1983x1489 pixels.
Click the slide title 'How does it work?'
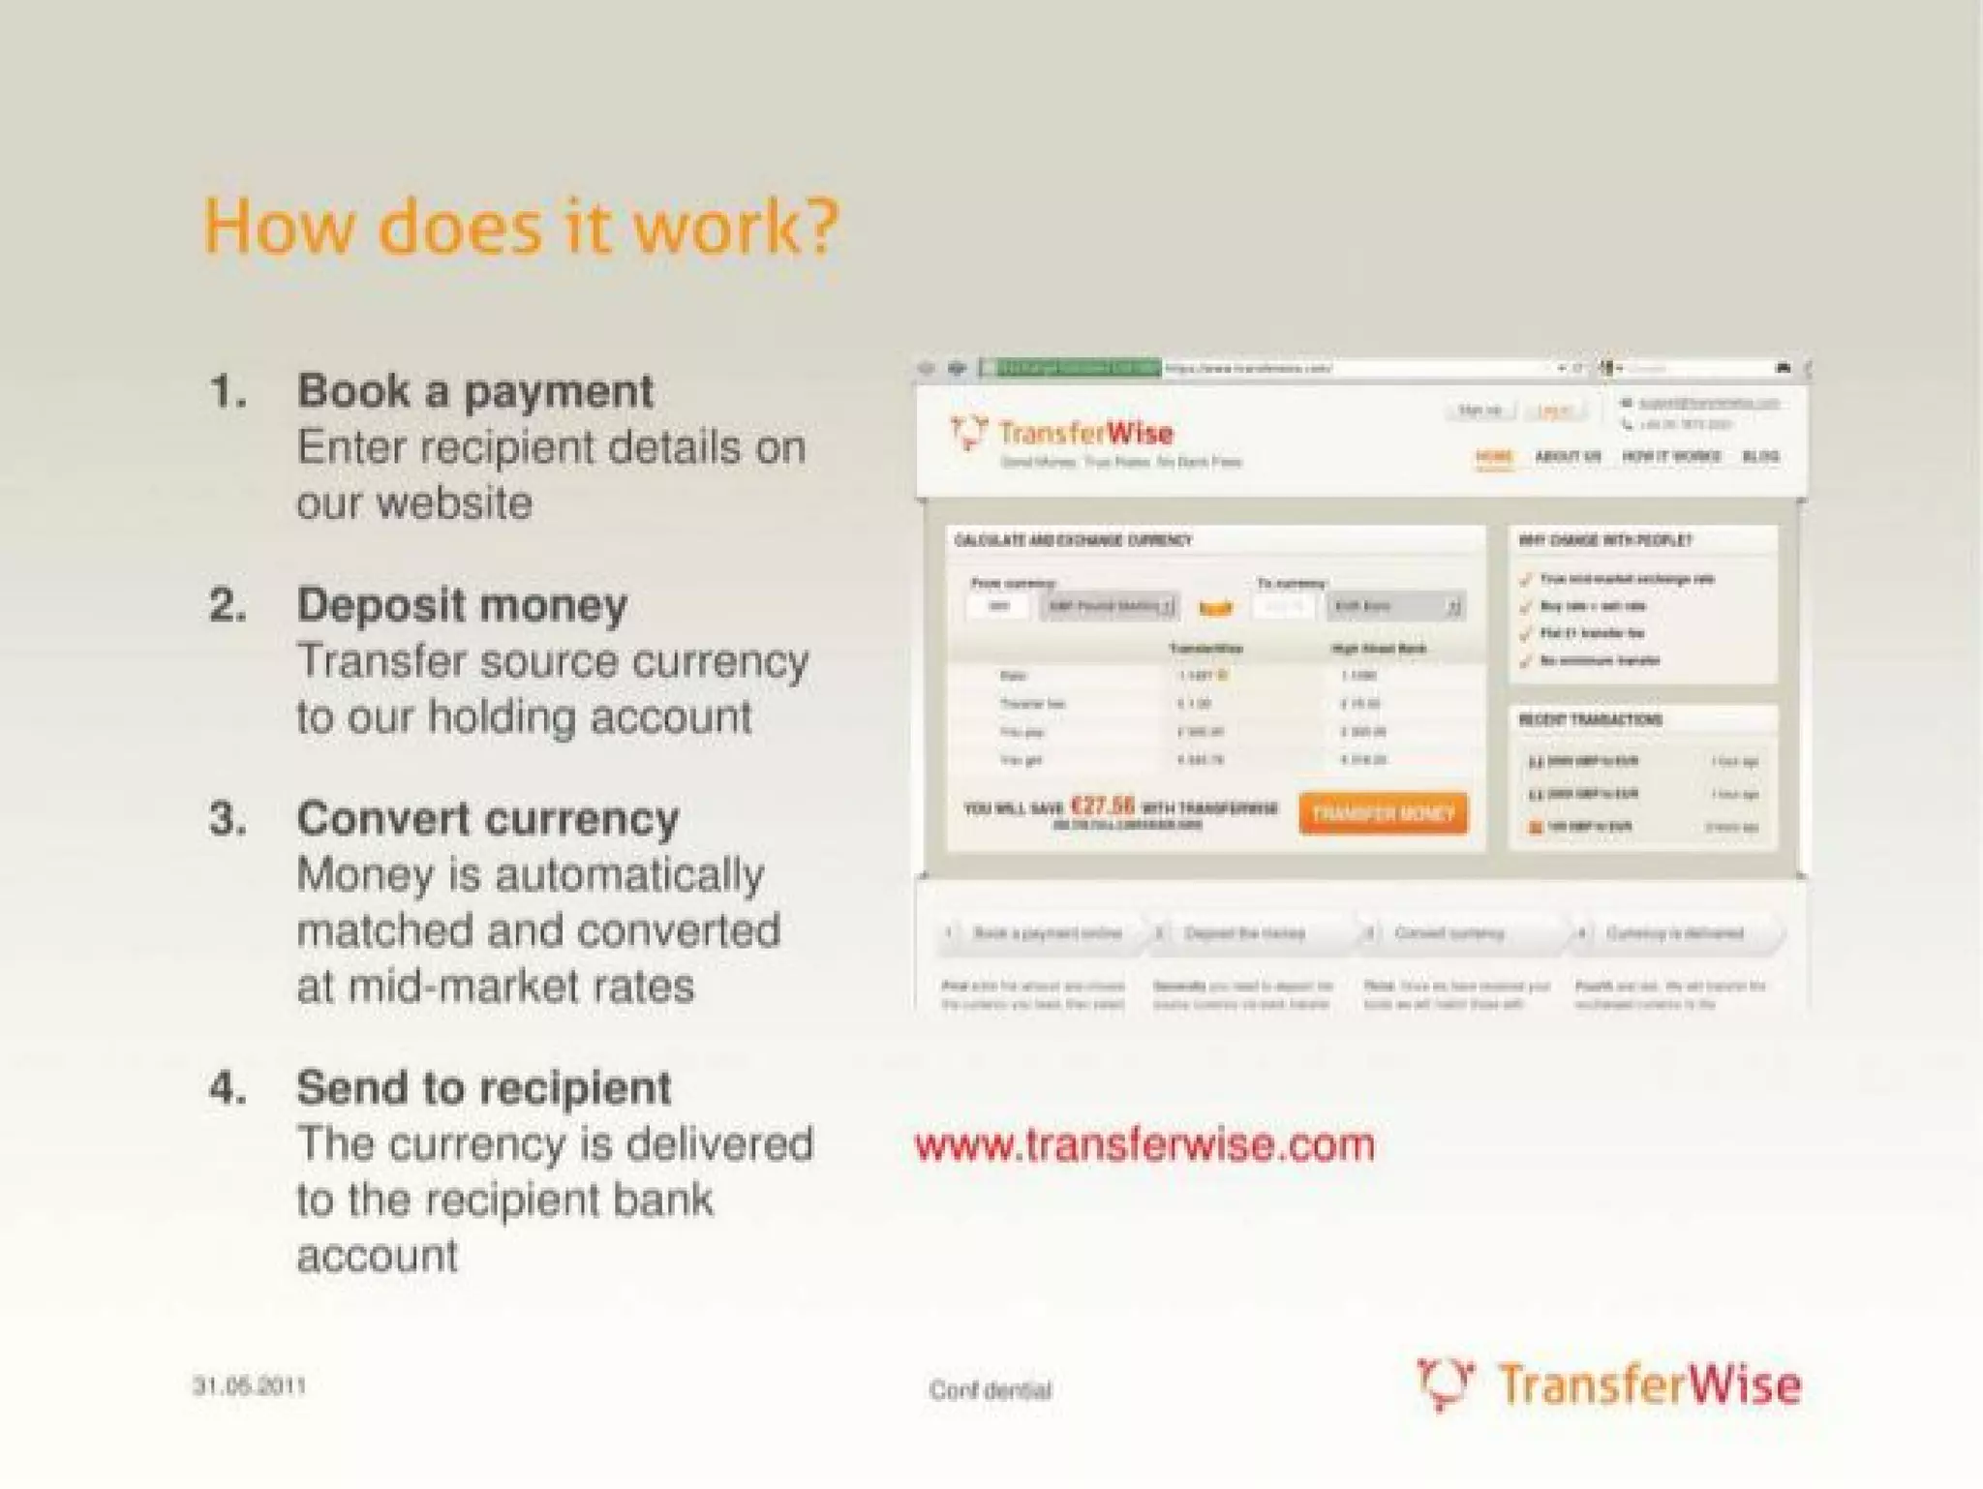(x=520, y=227)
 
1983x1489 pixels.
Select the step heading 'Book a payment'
(x=474, y=392)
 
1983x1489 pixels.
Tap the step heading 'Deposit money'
(x=462, y=606)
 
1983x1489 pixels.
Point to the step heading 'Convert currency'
(x=488, y=820)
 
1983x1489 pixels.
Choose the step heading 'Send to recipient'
(x=483, y=1088)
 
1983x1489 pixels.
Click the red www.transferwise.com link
(x=1144, y=1145)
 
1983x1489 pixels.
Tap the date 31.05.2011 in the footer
(x=249, y=1386)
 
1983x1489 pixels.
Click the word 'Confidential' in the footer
(x=990, y=1391)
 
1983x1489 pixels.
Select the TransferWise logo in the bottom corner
(x=1607, y=1384)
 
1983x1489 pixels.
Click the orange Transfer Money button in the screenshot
(x=1383, y=813)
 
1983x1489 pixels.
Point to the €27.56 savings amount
(x=1102, y=805)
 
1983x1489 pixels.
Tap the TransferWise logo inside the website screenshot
(x=1062, y=434)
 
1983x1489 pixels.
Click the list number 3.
(x=228, y=820)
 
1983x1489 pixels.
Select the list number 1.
(x=228, y=392)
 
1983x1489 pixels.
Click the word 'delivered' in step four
(x=719, y=1144)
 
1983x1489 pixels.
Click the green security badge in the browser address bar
(x=1071, y=368)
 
